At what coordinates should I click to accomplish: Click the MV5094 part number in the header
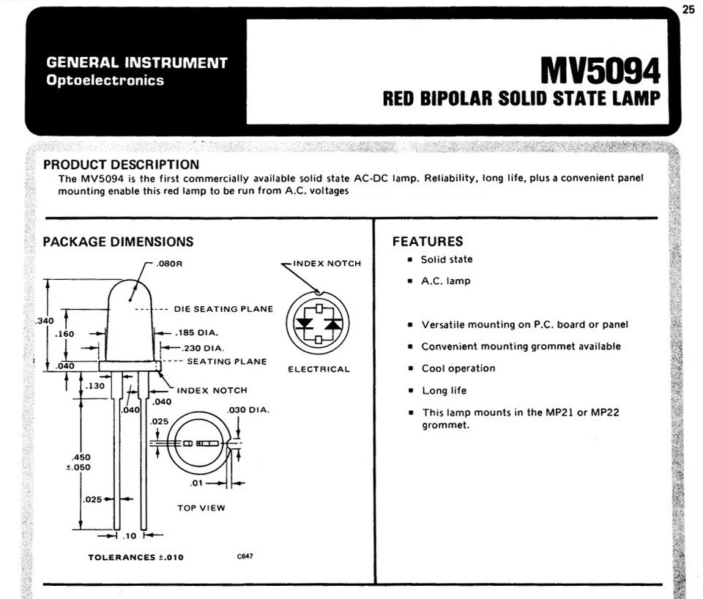click(x=600, y=71)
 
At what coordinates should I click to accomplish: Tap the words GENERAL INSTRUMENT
click(x=137, y=63)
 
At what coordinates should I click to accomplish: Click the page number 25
click(x=688, y=10)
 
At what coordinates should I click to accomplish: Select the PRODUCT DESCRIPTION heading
click(x=121, y=165)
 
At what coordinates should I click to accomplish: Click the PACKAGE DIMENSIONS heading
click(x=118, y=242)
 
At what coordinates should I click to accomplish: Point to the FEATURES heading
click(x=428, y=242)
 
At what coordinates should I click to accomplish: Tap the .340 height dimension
click(x=45, y=321)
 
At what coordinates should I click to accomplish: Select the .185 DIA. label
click(x=197, y=333)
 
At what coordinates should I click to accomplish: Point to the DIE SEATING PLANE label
click(x=223, y=309)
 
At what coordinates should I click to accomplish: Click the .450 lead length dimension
click(x=82, y=458)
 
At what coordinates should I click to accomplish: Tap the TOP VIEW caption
click(x=201, y=507)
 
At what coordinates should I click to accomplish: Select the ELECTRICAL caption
click(x=319, y=369)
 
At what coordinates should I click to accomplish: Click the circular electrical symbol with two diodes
click(x=318, y=322)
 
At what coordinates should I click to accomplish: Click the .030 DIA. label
click(x=248, y=410)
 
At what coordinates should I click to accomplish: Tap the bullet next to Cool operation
click(x=411, y=369)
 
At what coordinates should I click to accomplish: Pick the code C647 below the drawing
click(x=245, y=557)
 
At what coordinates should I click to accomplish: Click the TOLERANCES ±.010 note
click(x=135, y=557)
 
